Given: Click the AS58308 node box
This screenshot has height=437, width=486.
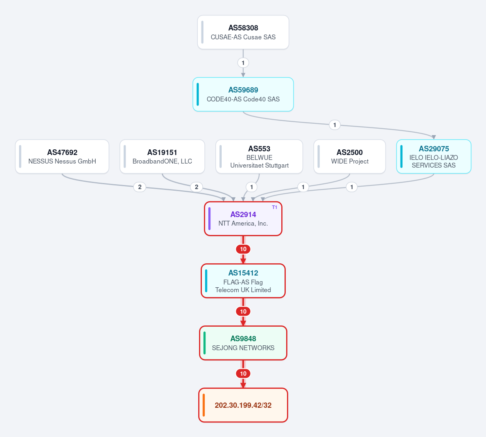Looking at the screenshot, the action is coord(243,32).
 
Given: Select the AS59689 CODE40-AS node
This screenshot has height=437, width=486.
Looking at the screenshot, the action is coord(243,95).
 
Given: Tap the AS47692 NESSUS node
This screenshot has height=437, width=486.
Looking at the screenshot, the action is coord(62,157).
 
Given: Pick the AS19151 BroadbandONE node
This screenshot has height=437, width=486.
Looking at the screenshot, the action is coord(162,157).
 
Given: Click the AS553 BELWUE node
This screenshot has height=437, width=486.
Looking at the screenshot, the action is coord(259,157).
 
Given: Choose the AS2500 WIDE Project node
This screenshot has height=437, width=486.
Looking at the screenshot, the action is coord(350,157).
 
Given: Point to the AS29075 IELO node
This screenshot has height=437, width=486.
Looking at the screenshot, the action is coord(434,157).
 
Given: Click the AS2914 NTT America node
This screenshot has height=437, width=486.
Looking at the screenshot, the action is coord(243,219).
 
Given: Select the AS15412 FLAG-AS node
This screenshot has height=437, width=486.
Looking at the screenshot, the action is coord(243,281).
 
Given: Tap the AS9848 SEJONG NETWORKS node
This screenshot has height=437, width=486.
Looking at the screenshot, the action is coord(243,343).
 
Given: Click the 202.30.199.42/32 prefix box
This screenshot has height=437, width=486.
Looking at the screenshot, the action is coord(243,405).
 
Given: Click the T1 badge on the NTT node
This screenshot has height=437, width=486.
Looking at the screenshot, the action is coord(274,207).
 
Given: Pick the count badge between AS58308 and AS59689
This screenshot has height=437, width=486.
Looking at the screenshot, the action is coord(243,63).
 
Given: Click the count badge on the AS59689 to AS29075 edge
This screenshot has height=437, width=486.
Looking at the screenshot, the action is coord(334,125).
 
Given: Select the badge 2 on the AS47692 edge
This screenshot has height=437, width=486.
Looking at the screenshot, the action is coord(140,187).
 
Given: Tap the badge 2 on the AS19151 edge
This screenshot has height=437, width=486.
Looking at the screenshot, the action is coord(197,187).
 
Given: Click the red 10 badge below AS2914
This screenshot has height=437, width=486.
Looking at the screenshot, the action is coord(243,249).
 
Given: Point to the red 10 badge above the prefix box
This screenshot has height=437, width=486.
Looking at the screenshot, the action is coord(243,373).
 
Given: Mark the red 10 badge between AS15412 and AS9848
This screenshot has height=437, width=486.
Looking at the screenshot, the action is coord(243,311).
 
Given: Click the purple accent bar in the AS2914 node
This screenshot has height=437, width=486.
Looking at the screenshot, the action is coord(210,219).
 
